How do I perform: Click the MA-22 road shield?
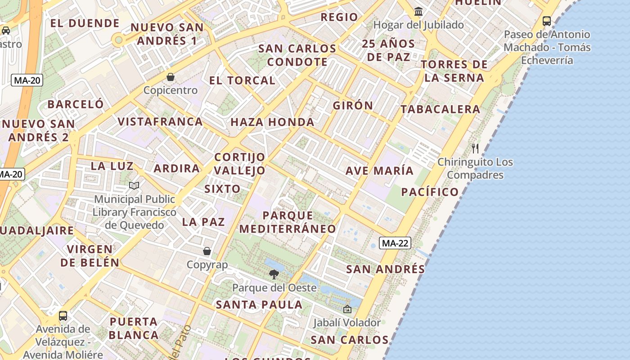click(x=395, y=243)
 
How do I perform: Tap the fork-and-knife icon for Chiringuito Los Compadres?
click(x=475, y=148)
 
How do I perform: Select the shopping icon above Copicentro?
click(x=171, y=77)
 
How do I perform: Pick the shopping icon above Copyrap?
click(x=207, y=251)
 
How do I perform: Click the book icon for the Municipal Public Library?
click(x=134, y=185)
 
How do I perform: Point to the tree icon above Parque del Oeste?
click(x=274, y=274)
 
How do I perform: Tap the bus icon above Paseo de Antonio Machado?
click(x=547, y=21)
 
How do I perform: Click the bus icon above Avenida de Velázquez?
click(x=63, y=315)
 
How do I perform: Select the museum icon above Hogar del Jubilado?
click(x=418, y=11)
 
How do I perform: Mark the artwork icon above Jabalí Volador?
click(x=347, y=309)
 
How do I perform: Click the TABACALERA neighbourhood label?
click(x=441, y=109)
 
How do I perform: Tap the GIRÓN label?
click(x=353, y=106)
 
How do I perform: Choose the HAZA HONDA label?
click(x=272, y=122)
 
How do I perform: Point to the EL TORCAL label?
click(x=242, y=81)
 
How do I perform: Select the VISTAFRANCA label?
click(x=160, y=121)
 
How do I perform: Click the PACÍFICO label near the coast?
click(x=430, y=192)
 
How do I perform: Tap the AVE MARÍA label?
click(x=379, y=171)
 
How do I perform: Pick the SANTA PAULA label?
click(x=259, y=305)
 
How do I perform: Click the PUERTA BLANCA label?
click(x=134, y=328)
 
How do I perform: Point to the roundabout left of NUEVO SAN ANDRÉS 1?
click(x=119, y=40)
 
